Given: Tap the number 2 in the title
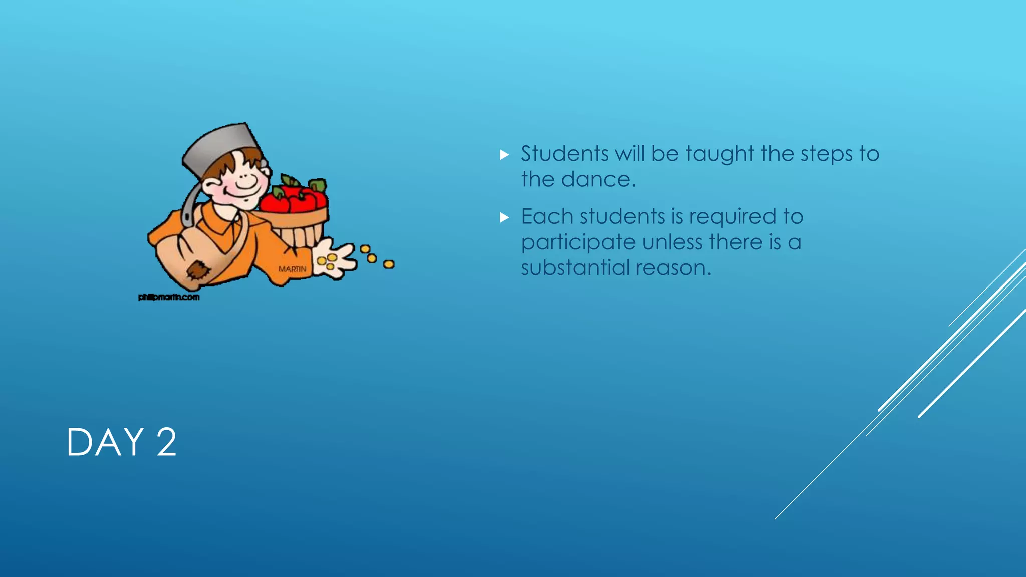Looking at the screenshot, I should coord(166,442).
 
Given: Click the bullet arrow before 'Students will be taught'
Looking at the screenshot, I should coord(504,155).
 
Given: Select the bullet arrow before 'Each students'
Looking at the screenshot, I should coord(504,218).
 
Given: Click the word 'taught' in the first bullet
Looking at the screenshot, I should coord(720,154).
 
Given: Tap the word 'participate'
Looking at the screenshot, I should coord(578,243).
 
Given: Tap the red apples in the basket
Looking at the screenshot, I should coord(296,198).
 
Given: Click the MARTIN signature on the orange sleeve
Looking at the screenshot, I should coord(292,269).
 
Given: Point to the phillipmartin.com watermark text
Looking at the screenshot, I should coord(169,297).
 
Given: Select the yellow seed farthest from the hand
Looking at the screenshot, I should coord(389,264).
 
